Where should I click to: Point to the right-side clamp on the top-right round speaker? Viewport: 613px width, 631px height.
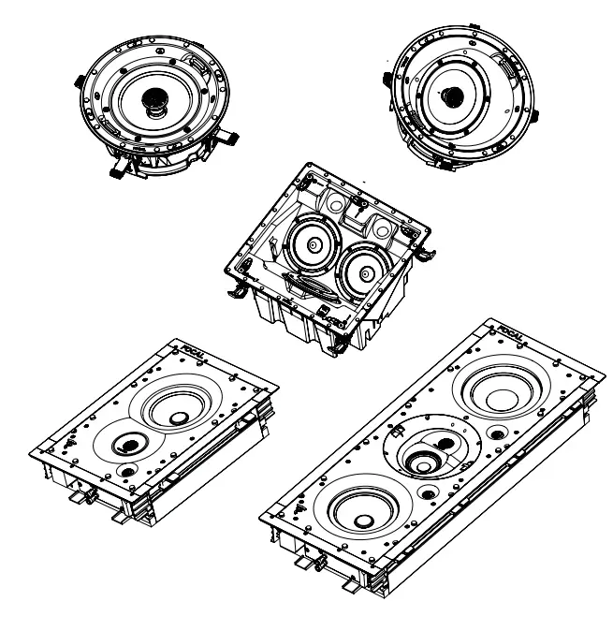point(534,117)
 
